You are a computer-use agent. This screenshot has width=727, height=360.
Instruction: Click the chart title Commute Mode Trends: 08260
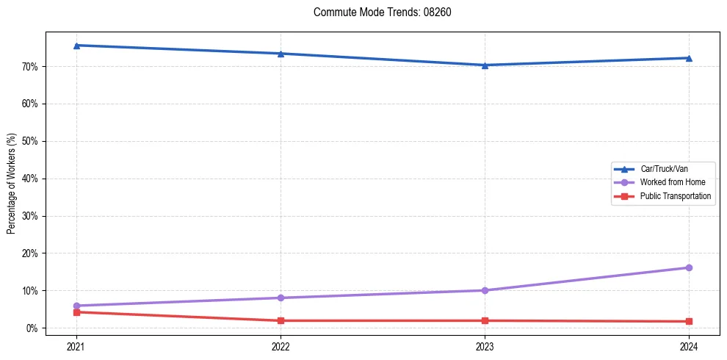(377, 12)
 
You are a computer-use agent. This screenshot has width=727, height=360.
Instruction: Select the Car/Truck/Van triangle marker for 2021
(76, 46)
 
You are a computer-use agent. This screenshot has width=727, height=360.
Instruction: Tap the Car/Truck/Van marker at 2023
(485, 65)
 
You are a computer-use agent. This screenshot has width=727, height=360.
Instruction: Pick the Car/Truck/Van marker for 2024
(689, 58)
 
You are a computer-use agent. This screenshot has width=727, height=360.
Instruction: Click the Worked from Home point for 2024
(689, 267)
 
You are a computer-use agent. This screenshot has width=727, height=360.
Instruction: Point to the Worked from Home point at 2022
(281, 298)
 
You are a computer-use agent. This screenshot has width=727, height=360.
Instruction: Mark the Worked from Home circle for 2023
(485, 290)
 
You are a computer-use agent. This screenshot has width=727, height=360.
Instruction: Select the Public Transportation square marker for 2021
(76, 312)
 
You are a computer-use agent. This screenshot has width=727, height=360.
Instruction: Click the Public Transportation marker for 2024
(689, 321)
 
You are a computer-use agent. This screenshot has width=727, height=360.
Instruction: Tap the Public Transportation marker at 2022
(281, 320)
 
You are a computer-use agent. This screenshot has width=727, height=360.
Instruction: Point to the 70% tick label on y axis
(30, 67)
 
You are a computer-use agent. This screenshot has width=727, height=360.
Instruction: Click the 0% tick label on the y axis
(32, 328)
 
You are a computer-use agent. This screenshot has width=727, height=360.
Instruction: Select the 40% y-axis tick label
(30, 179)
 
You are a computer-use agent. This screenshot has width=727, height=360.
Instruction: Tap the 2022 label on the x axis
(281, 345)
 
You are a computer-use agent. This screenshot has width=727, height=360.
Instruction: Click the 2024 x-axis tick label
(689, 345)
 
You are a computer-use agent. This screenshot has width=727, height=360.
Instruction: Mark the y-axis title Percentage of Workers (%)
(11, 184)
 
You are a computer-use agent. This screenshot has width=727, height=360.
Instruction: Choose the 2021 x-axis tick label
(76, 345)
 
